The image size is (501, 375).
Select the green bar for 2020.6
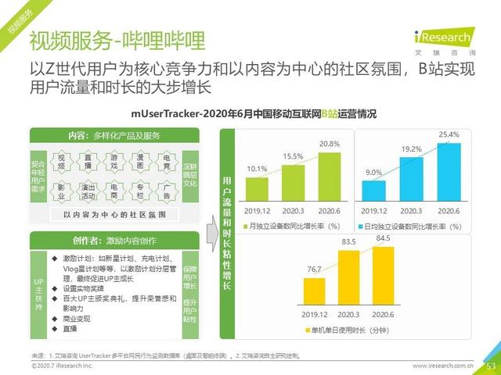pyautogui.click(x=329, y=177)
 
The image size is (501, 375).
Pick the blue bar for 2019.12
pyautogui.click(x=373, y=192)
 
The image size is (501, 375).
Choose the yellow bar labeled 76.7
pyautogui.click(x=313, y=292)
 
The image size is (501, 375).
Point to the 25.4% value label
pyautogui.click(x=449, y=135)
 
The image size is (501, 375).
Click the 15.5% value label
pyautogui.click(x=293, y=156)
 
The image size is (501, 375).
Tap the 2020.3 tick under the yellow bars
pyautogui.click(x=348, y=315)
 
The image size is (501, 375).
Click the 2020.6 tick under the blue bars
pyautogui.click(x=449, y=211)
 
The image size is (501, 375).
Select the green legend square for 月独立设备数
pyautogui.click(x=243, y=226)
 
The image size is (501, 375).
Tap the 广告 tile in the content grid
pyautogui.click(x=166, y=191)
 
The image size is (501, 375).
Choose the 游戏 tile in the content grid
pyautogui.click(x=114, y=162)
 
